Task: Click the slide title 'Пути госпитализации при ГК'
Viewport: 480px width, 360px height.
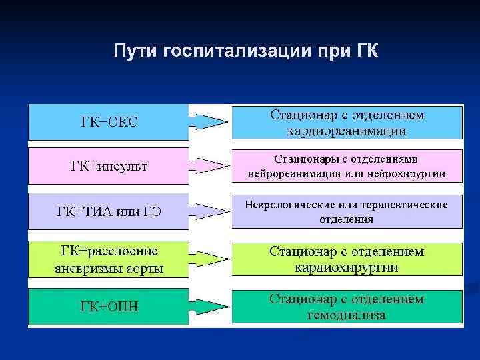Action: click(246, 51)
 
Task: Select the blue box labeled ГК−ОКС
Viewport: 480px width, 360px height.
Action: click(109, 122)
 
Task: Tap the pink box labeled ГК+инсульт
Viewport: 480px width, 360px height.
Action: click(109, 165)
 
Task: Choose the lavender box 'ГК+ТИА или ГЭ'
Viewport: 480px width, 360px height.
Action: click(109, 213)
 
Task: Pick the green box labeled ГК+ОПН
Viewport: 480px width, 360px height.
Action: click(109, 307)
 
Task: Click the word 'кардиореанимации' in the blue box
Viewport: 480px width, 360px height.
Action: click(347, 131)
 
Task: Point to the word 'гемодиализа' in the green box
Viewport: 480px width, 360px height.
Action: click(347, 315)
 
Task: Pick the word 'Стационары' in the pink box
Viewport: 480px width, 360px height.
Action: click(305, 160)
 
